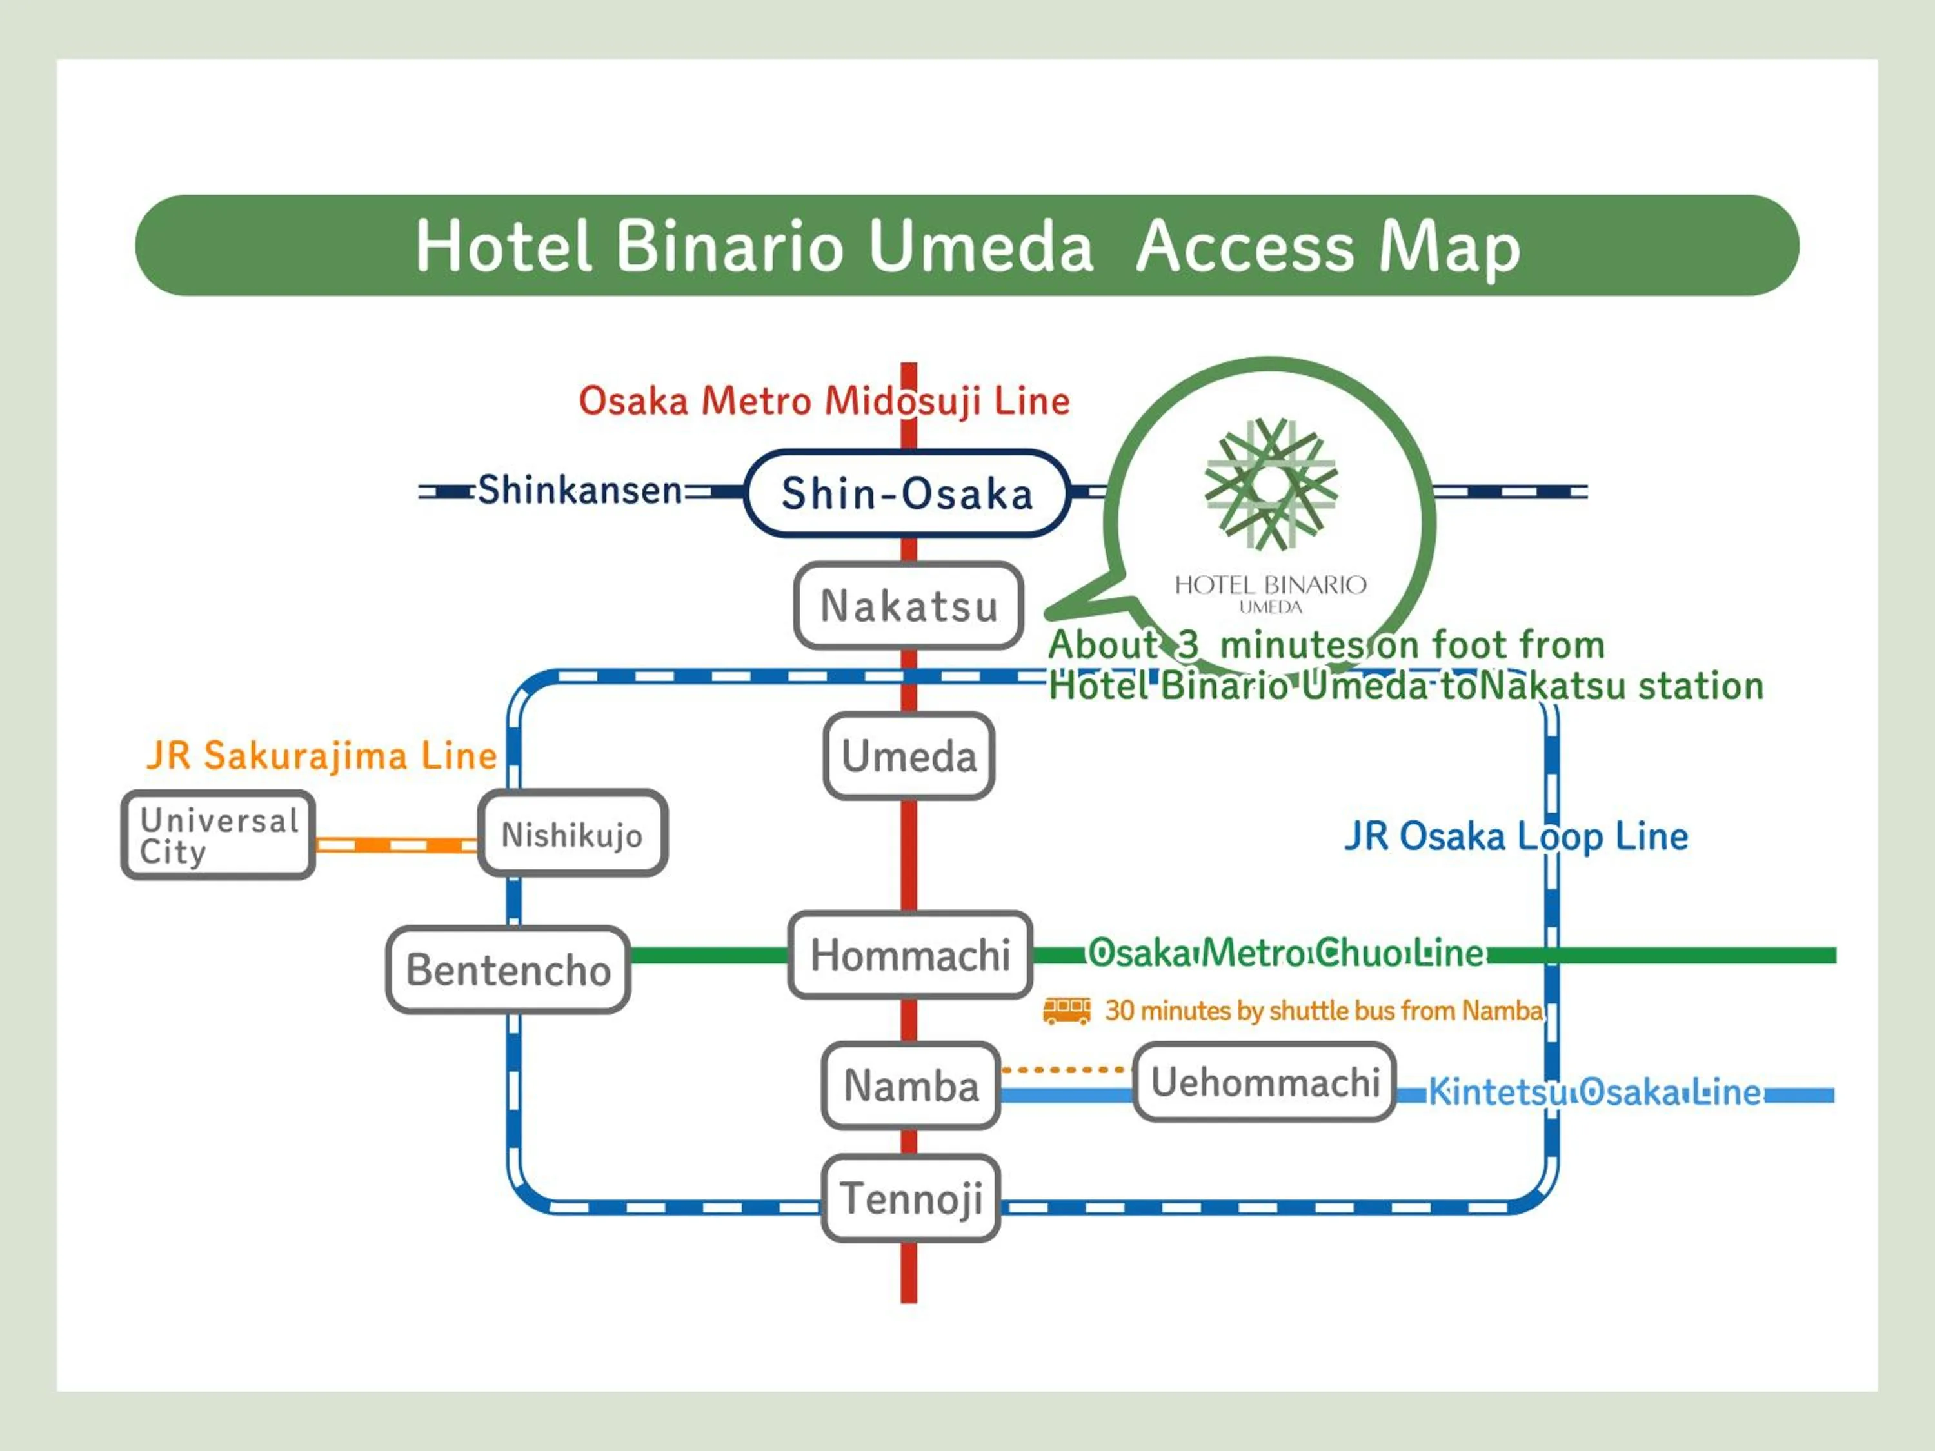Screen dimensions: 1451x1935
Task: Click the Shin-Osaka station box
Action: coord(907,493)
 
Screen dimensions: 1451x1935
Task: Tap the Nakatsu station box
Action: coord(909,606)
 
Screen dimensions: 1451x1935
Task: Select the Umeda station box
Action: coord(909,756)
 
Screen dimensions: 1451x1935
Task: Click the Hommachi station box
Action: coord(909,954)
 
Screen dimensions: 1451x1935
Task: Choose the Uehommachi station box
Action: coord(1264,1082)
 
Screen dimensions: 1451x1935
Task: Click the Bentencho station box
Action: coord(508,970)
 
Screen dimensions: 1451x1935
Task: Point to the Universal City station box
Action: coord(218,835)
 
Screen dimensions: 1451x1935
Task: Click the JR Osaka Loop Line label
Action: coord(1515,836)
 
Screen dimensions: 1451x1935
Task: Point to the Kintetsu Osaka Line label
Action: coord(1594,1092)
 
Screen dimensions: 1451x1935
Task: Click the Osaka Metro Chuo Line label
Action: coord(1286,953)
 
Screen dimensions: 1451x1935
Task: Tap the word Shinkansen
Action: coord(579,489)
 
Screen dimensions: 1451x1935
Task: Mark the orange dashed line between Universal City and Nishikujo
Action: coord(396,845)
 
